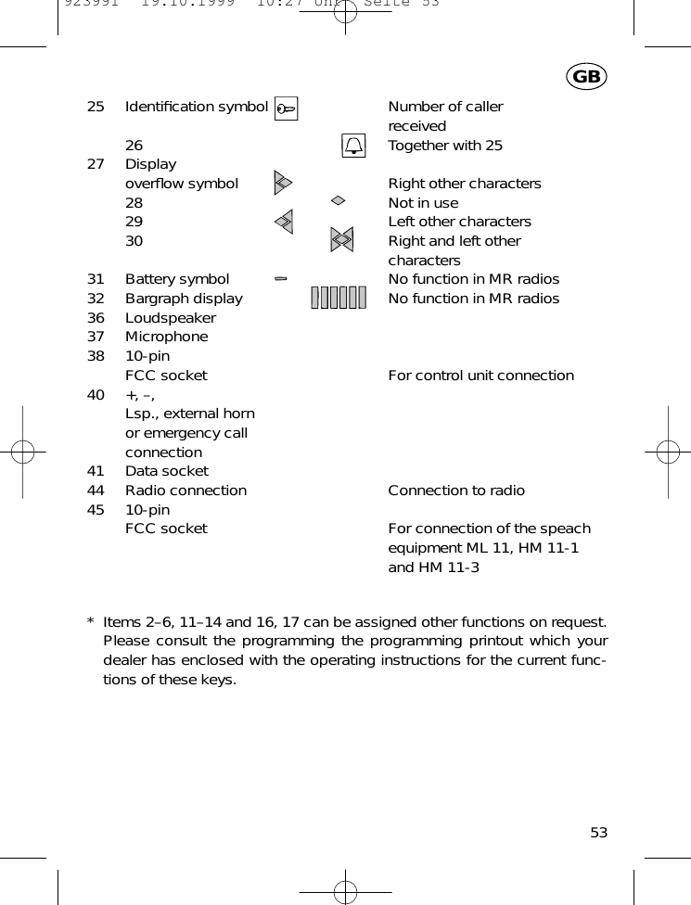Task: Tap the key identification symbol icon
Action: (x=287, y=108)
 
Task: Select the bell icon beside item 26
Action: (x=353, y=146)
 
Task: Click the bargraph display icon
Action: (x=339, y=298)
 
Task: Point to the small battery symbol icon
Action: (x=281, y=277)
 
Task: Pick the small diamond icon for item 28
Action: (x=339, y=200)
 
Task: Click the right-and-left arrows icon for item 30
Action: (x=342, y=240)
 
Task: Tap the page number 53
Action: (x=599, y=832)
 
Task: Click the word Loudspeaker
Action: (x=171, y=317)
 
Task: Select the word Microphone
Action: (x=167, y=337)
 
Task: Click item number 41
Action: (x=96, y=471)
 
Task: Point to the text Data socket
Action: (x=167, y=471)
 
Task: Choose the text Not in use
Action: (x=423, y=202)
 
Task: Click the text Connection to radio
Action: (x=456, y=491)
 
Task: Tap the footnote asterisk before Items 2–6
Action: (x=90, y=621)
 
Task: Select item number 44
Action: (x=96, y=491)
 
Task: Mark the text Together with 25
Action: (x=445, y=146)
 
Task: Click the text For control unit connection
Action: (x=480, y=376)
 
